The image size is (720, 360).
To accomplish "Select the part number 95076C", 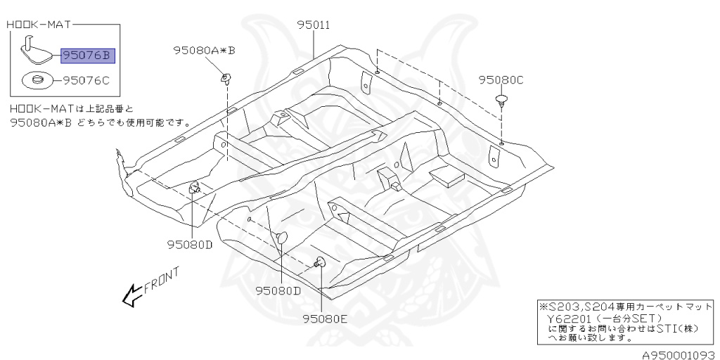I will click(87, 80).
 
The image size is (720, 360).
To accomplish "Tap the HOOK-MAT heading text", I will click(37, 25).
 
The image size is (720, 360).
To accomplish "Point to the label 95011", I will click(314, 26).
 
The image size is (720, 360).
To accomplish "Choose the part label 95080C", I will click(501, 80).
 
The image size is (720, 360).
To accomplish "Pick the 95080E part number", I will click(326, 318).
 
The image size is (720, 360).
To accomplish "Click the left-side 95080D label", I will click(189, 245).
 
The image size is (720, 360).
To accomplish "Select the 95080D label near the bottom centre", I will click(278, 290).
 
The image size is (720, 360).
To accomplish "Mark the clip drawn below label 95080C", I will click(501, 98).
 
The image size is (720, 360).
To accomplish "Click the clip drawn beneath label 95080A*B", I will click(226, 77).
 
